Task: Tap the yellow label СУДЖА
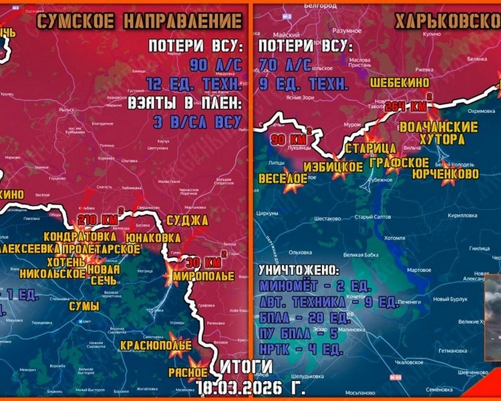click(x=190, y=221)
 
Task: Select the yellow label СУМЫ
click(x=85, y=306)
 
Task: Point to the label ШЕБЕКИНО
click(x=401, y=82)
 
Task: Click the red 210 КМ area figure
click(x=98, y=220)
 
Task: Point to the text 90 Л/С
click(x=215, y=65)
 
